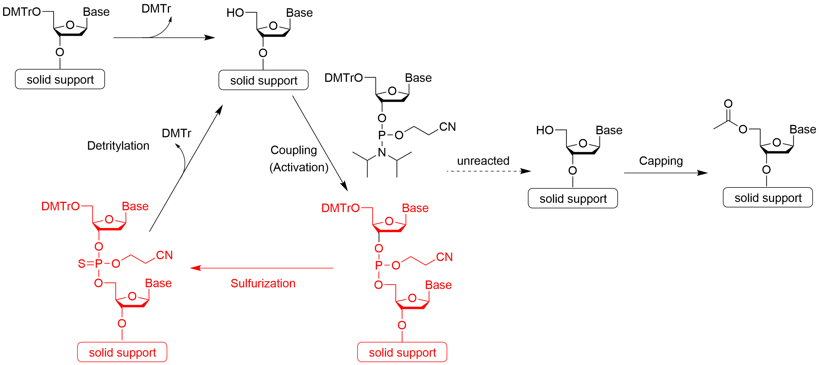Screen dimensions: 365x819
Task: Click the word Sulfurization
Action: [263, 283]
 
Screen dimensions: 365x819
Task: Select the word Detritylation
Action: [118, 146]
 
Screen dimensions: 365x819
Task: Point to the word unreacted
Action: [483, 161]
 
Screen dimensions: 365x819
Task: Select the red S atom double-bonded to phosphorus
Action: [81, 263]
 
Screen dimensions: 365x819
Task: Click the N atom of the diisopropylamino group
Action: [382, 152]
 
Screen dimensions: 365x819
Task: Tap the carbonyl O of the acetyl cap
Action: [728, 104]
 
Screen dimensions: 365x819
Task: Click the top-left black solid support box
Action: [60, 79]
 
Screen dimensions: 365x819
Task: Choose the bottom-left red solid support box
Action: [122, 352]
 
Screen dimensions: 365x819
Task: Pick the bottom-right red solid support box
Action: [402, 352]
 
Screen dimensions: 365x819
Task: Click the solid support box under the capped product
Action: [768, 198]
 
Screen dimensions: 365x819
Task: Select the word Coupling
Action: [294, 150]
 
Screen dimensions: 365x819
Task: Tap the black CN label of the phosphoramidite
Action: [447, 127]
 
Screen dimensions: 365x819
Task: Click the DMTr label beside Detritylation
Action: [176, 133]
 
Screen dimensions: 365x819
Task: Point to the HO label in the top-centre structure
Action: [235, 13]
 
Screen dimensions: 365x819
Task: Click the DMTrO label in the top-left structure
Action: [22, 12]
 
